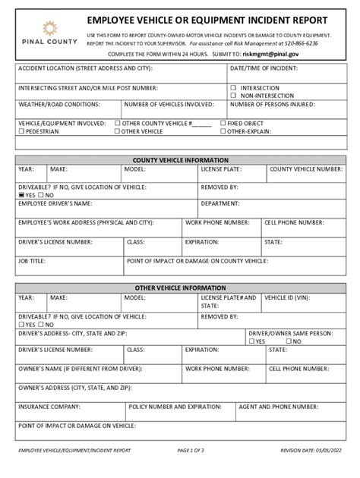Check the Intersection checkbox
tap(233, 88)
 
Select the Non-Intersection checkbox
tap(233, 96)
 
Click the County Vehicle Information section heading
tap(180, 160)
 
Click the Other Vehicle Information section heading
tap(180, 288)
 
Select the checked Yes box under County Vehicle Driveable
tap(21, 195)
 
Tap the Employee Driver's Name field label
tap(55, 203)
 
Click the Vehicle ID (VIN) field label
tap(292, 298)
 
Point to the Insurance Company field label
tap(49, 406)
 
